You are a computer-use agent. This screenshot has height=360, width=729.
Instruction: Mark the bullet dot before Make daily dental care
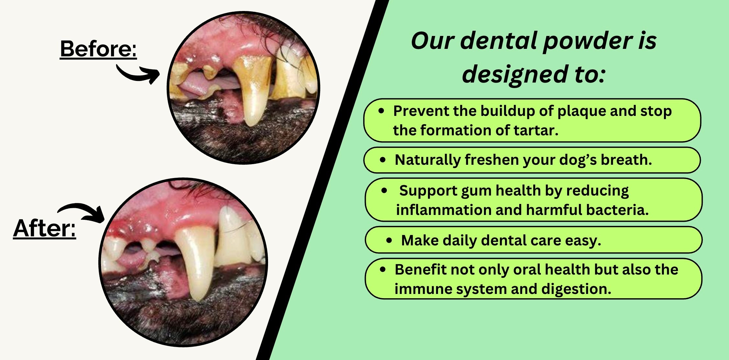tap(389, 241)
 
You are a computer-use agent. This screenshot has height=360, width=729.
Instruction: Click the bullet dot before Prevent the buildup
tap(381, 111)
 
